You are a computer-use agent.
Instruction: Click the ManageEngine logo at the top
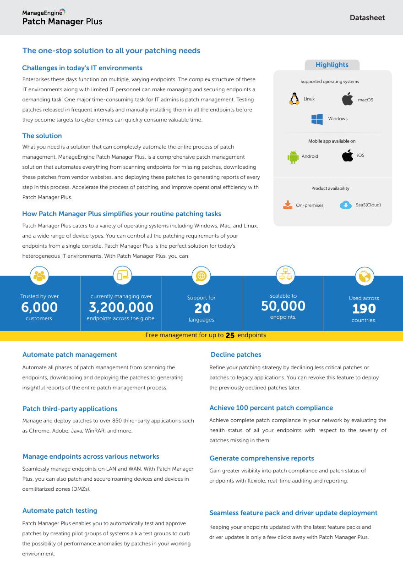coord(44,12)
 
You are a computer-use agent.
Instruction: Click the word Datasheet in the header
coord(367,18)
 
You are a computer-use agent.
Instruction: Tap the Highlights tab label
coord(332,65)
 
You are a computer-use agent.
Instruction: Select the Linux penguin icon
coord(294,99)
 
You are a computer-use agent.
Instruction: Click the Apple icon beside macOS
coord(348,99)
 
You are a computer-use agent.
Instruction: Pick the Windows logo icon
coord(317,119)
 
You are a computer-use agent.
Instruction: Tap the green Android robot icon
coord(293,156)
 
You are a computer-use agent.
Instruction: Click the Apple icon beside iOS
coord(348,155)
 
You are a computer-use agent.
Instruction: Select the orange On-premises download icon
coord(288,205)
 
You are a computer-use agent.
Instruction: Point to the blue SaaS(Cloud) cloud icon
coord(346,205)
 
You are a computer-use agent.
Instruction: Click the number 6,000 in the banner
coord(39,307)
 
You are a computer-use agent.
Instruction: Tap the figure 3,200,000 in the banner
coord(121,307)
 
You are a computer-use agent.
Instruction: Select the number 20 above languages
coord(202,309)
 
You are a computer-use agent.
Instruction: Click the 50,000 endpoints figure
coord(283,306)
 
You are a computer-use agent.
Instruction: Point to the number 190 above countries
coord(364,309)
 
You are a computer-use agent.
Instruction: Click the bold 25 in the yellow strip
coord(230,335)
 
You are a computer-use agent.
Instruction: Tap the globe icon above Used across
coord(365,276)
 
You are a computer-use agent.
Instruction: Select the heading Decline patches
coord(236,355)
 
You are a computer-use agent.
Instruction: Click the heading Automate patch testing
coord(60,511)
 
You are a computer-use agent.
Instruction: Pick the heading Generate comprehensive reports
coord(261,458)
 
